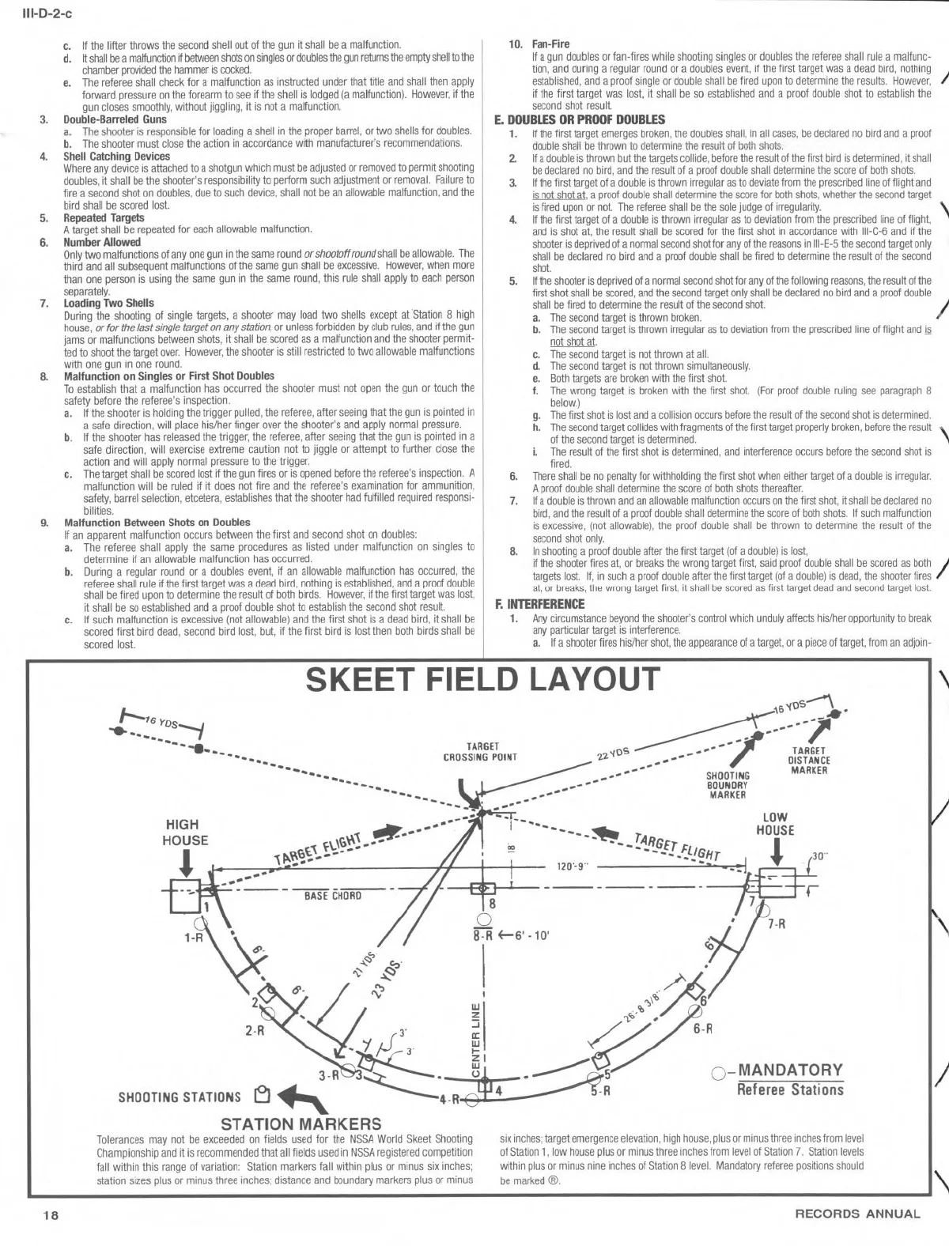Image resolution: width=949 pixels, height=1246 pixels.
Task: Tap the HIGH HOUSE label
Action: [x=184, y=833]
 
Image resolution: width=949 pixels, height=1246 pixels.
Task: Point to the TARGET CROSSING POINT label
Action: [x=481, y=751]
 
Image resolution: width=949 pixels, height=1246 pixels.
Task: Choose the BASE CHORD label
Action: [x=333, y=896]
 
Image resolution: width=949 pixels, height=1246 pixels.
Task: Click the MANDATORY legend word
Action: [x=790, y=1071]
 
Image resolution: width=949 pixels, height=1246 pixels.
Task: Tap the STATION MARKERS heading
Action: [x=301, y=1123]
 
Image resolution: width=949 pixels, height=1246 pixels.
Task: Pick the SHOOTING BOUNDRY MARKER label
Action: [x=728, y=785]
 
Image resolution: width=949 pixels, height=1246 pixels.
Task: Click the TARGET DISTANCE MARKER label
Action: [x=809, y=761]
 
